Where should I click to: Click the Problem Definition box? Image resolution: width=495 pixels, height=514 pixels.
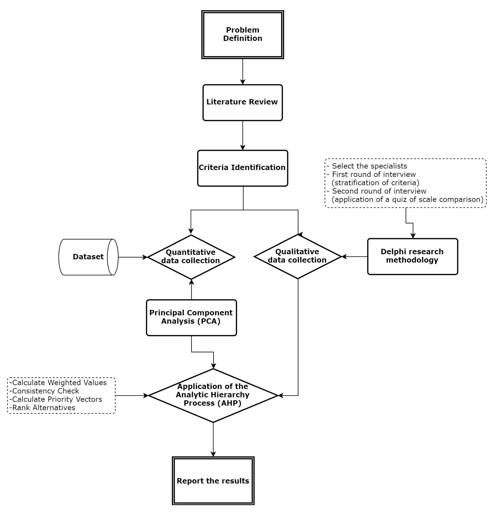(243, 34)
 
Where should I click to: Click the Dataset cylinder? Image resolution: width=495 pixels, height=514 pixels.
(88, 257)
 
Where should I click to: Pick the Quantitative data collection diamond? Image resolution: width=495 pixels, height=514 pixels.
(191, 257)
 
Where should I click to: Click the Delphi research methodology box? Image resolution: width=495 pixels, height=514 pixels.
(412, 256)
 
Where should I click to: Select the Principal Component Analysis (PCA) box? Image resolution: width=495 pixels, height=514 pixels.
(191, 317)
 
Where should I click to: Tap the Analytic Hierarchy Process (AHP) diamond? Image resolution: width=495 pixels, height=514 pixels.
(213, 395)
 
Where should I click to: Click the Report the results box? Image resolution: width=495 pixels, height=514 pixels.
(213, 481)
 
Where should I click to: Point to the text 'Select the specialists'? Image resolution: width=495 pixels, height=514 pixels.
(369, 166)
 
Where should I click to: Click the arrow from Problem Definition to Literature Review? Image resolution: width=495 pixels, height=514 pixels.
(243, 71)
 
